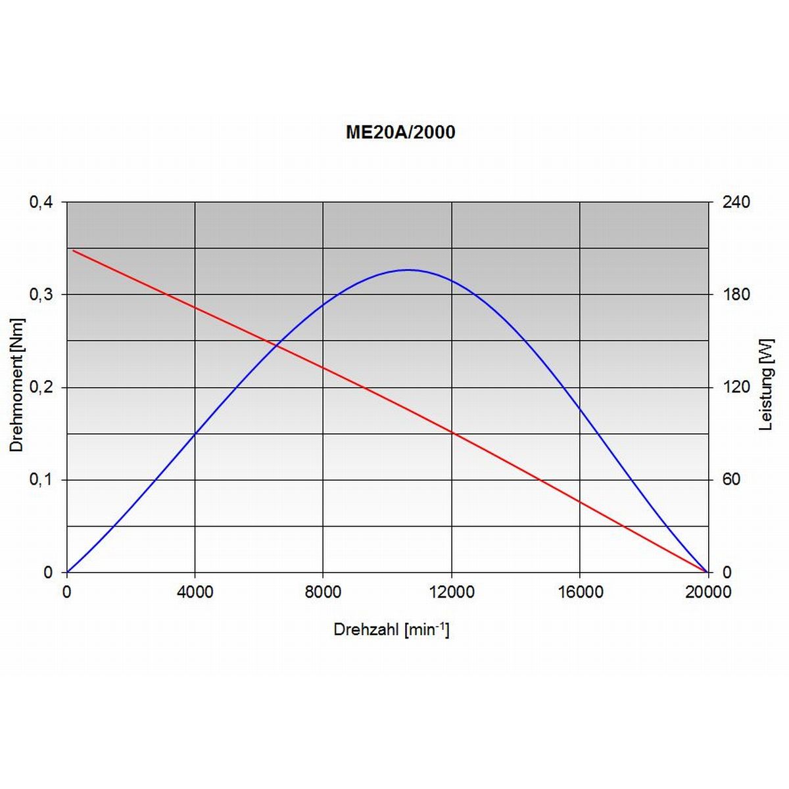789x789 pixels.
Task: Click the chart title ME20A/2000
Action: [x=400, y=132]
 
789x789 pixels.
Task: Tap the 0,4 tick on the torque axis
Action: [x=41, y=202]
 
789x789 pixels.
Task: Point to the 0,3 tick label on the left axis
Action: [x=41, y=295]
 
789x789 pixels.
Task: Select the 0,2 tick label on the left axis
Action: [x=41, y=387]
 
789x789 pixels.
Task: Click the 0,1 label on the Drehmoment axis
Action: [x=41, y=480]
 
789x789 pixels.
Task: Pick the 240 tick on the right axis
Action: [x=736, y=202]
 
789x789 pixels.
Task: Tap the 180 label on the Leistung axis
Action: [x=736, y=295]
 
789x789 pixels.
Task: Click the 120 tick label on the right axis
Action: [x=736, y=387]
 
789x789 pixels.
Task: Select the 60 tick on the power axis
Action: [x=731, y=480]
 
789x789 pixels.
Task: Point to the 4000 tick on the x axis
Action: [x=195, y=592]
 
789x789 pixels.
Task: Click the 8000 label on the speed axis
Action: [x=323, y=592]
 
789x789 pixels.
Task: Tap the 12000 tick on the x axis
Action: [x=452, y=592]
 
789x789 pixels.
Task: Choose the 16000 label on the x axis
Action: [x=580, y=592]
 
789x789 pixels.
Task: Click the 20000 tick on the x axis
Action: [x=707, y=592]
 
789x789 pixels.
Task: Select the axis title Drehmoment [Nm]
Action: [x=17, y=385]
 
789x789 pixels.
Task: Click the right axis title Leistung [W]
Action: [x=767, y=385]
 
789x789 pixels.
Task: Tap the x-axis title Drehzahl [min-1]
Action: [x=391, y=630]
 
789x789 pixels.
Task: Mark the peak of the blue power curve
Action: [x=408, y=270]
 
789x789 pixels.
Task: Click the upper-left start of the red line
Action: [x=73, y=251]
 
